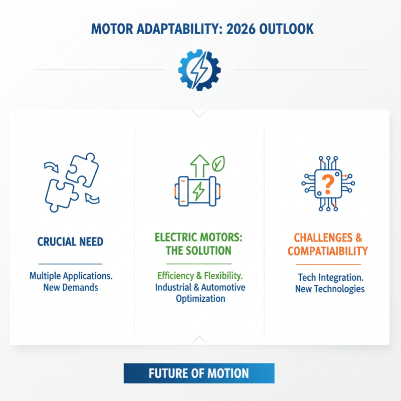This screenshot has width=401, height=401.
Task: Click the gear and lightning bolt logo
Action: [x=199, y=70]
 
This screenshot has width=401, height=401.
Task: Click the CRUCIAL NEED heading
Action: [x=70, y=242]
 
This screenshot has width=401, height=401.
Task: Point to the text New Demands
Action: [x=70, y=287]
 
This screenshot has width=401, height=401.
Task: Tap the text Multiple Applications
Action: [x=70, y=275]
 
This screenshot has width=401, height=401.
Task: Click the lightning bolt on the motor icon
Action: [x=198, y=191]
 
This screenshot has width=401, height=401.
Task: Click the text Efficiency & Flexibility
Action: [x=198, y=275]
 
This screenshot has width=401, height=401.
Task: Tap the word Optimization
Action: [x=200, y=299]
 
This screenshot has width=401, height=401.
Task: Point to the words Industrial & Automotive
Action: [x=200, y=287]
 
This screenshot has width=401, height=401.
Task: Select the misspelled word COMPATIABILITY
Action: [x=328, y=250]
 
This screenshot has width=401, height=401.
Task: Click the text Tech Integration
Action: [x=330, y=277]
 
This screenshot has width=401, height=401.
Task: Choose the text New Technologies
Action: [x=330, y=289]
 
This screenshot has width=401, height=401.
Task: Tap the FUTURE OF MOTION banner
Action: [x=199, y=373]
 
